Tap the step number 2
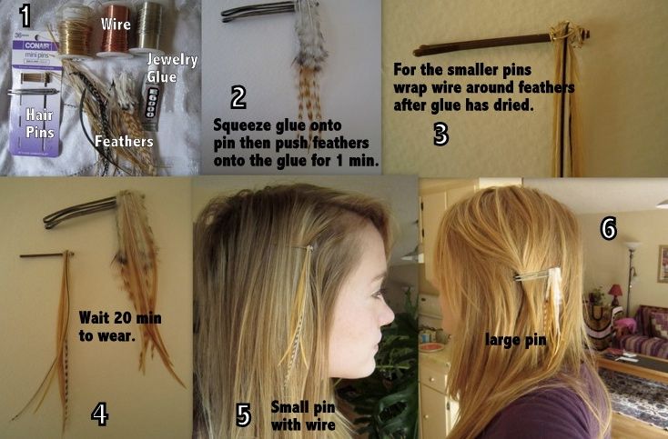239,97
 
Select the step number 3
440,135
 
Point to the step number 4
100,414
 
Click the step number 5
243,415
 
